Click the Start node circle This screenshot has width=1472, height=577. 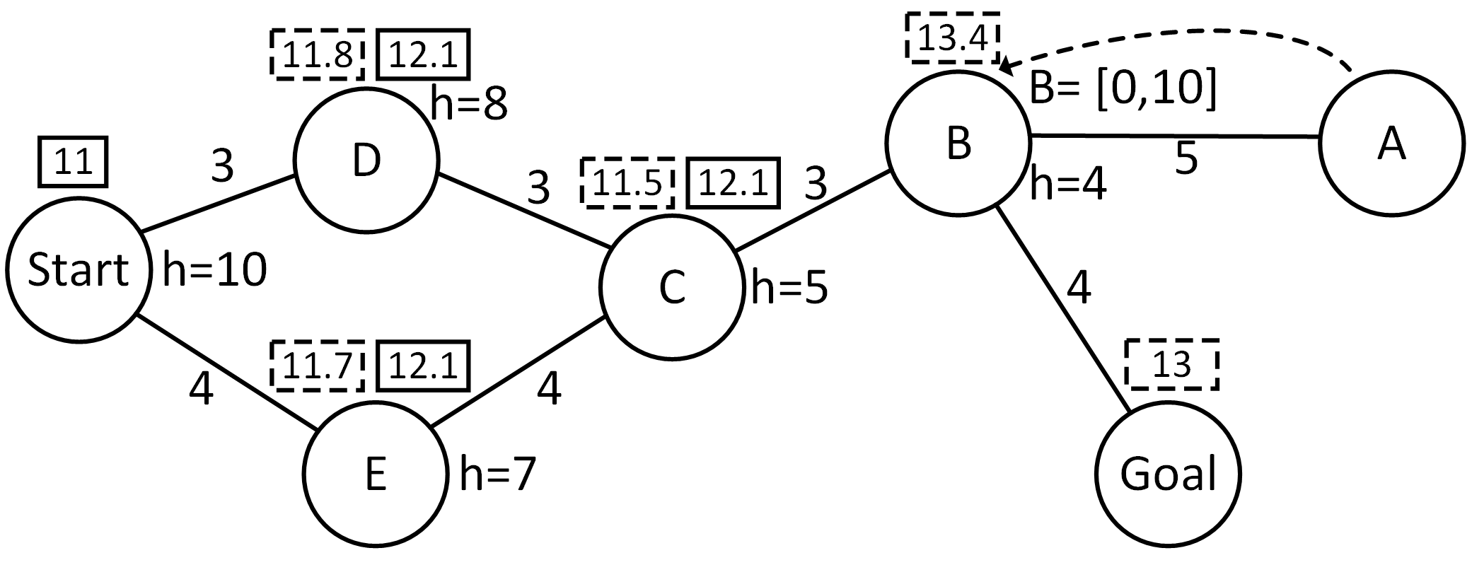(x=78, y=269)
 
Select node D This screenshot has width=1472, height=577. (x=366, y=161)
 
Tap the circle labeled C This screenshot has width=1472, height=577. (x=671, y=286)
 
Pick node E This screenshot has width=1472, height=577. (x=375, y=473)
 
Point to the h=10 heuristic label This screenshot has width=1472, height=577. (x=214, y=270)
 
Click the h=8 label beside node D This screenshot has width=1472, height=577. (x=469, y=104)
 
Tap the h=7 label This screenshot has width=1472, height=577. (x=497, y=473)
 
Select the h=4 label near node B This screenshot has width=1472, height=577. (x=1068, y=184)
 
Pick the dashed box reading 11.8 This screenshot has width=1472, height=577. (x=318, y=54)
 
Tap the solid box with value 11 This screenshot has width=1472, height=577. (x=73, y=162)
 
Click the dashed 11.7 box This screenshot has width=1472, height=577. (x=317, y=366)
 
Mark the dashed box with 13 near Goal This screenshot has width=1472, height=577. (x=1172, y=365)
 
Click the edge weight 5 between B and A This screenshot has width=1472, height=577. (x=1186, y=158)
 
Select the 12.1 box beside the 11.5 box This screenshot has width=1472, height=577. (x=733, y=184)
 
